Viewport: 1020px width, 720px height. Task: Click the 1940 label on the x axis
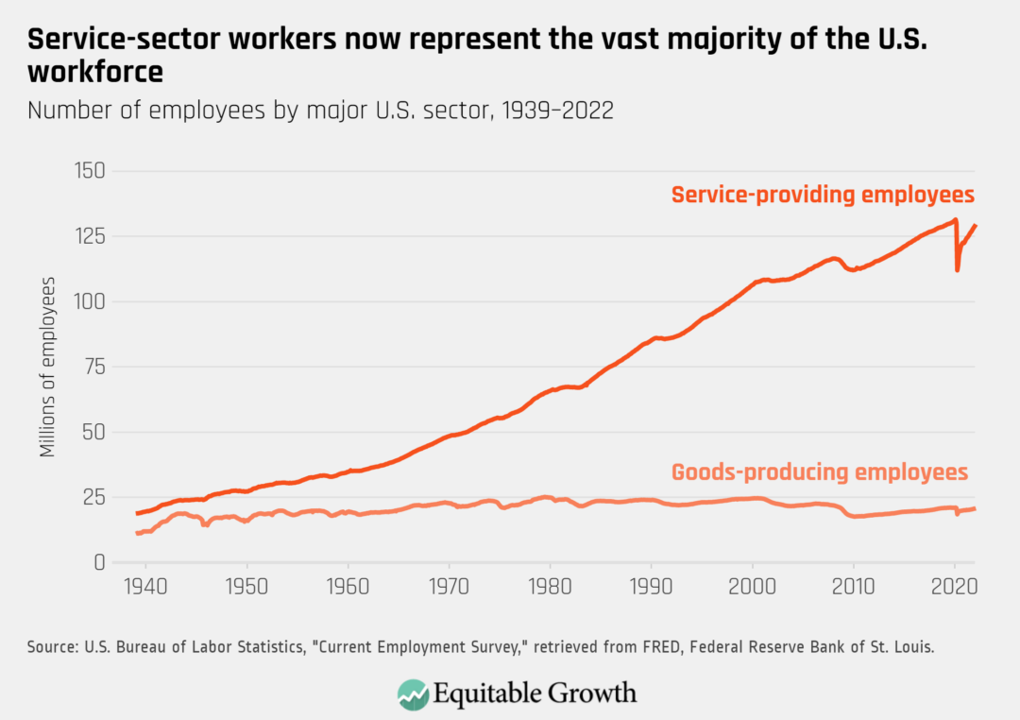[x=145, y=588]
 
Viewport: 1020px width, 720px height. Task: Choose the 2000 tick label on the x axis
[x=752, y=588]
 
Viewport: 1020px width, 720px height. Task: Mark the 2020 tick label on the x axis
[x=954, y=588]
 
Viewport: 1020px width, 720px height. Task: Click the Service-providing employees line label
[x=822, y=196]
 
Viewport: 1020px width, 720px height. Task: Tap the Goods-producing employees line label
[x=819, y=471]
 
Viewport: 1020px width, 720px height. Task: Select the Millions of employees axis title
[x=47, y=368]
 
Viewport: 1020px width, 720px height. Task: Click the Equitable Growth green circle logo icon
[x=414, y=694]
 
